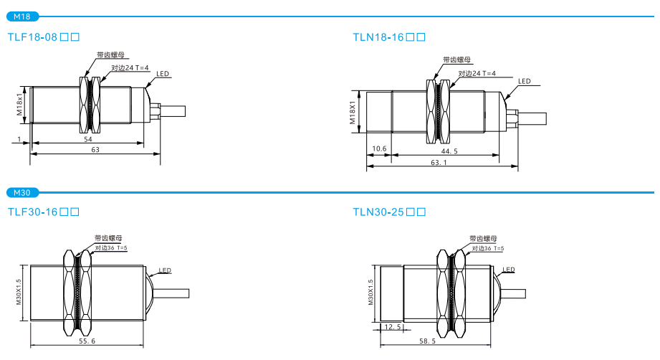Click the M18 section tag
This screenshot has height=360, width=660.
tap(21, 16)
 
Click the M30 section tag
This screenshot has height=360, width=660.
tap(21, 192)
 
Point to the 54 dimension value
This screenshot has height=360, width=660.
tap(88, 138)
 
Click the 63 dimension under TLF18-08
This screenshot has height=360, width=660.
tap(95, 149)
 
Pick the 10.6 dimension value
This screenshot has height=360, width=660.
tap(379, 149)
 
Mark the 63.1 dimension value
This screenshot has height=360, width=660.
tap(439, 163)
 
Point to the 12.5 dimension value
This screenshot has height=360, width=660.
tap(393, 327)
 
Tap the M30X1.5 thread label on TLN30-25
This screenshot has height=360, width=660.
tap(371, 292)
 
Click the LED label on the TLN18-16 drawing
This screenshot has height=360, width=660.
tap(525, 81)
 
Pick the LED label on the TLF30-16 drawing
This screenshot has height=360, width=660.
tap(165, 270)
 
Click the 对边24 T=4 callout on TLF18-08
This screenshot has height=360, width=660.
tap(130, 67)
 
